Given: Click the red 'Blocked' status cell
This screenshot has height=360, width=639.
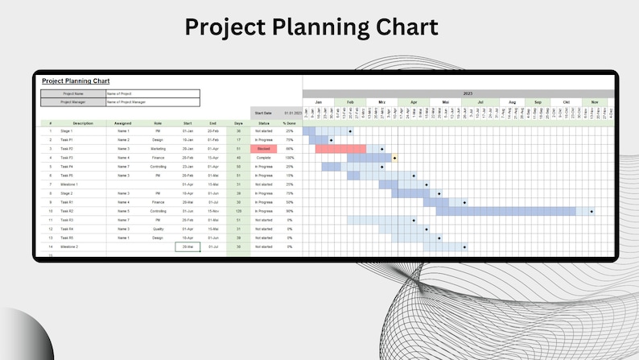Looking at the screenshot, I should [x=263, y=149].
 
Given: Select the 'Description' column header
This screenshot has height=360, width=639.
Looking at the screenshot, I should [x=83, y=123].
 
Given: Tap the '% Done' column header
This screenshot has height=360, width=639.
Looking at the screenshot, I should [x=289, y=123].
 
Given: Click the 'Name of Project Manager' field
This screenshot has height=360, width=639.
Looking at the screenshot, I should [x=152, y=102].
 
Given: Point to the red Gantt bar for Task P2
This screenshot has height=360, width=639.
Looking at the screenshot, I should [x=340, y=149].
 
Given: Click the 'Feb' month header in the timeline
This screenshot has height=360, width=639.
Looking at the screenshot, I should [x=350, y=102].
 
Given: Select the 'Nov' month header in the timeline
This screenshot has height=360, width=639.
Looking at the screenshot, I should [x=595, y=102].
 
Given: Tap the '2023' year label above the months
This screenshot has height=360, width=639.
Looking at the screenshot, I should [x=468, y=93].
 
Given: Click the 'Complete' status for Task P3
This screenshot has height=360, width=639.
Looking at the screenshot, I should [x=263, y=158].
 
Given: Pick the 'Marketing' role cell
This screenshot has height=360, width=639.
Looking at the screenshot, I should [x=158, y=149].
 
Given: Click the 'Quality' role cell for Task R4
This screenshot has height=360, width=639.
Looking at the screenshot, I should [x=158, y=229].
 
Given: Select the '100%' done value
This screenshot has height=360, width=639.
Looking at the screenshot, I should [x=289, y=158].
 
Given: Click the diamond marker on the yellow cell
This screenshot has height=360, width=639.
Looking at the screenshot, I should [x=394, y=158].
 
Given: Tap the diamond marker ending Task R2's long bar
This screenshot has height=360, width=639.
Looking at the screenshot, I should [x=592, y=212].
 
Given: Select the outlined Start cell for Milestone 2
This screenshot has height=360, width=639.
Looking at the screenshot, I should [x=188, y=246].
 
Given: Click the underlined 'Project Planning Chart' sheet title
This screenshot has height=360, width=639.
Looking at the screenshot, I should [x=76, y=81].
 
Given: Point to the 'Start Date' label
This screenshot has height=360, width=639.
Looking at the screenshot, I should [x=262, y=114].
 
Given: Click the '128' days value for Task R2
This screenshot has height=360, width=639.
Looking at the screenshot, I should [x=238, y=211].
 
